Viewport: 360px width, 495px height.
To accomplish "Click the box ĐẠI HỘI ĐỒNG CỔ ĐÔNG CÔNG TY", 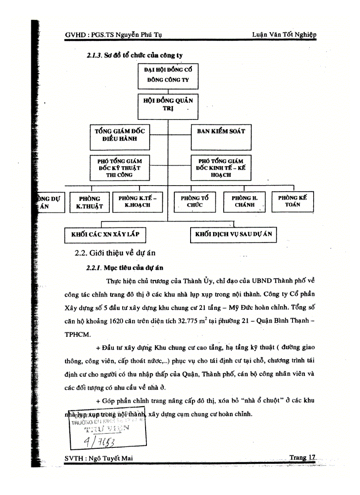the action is point(168,76).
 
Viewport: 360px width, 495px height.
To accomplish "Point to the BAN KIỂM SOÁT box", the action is point(221,137).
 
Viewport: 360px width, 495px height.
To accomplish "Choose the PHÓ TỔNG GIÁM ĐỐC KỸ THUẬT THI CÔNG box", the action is point(119,168).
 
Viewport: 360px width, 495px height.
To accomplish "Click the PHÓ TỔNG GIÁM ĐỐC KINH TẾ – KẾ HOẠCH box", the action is point(221,168).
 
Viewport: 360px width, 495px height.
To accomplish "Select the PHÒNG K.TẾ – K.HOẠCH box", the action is point(138,202).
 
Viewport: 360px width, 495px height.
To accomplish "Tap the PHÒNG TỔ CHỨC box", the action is point(195,202).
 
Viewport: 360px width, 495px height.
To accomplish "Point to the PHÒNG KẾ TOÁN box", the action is point(292,202).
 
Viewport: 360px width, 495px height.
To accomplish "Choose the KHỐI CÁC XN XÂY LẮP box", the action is point(105,234).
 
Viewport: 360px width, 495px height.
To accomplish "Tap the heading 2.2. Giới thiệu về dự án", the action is point(115,253).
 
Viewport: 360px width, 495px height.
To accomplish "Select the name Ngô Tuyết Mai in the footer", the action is point(111,458).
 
